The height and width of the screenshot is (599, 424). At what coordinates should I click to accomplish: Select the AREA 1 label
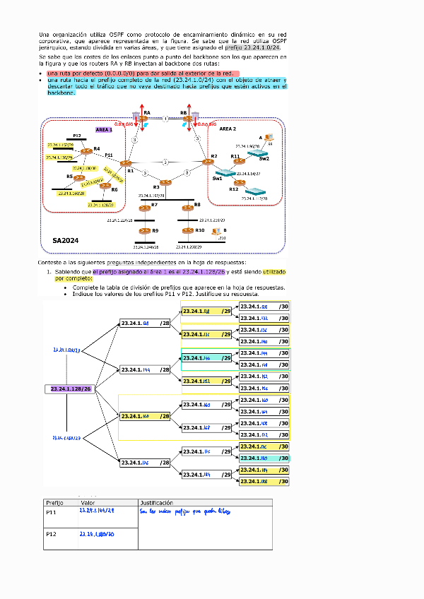click(x=104, y=130)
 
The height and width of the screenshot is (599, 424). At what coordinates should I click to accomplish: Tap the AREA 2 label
click(x=228, y=129)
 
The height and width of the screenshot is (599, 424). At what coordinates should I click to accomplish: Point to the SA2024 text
click(x=65, y=241)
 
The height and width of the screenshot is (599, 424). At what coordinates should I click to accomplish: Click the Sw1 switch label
click(x=217, y=179)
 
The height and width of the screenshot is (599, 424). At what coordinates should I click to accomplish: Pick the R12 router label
click(x=233, y=189)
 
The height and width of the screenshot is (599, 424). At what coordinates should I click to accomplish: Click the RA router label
click(x=147, y=112)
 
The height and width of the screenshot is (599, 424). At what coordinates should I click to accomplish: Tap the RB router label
click(x=184, y=112)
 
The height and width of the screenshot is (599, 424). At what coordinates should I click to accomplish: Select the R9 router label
click(x=155, y=231)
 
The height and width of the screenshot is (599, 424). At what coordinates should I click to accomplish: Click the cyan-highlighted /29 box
click(x=207, y=358)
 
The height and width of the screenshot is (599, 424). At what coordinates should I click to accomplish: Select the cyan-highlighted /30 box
click(x=264, y=458)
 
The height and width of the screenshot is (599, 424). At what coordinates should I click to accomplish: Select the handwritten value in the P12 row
click(x=97, y=534)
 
